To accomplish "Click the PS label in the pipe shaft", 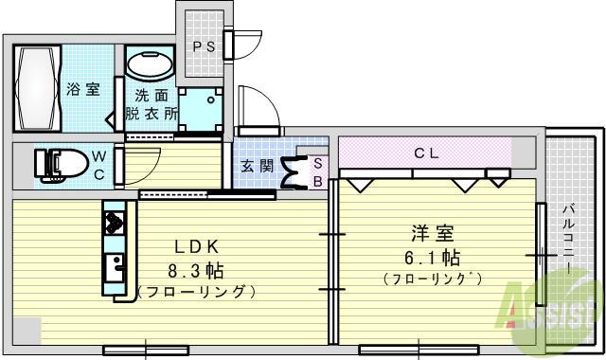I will (204, 45).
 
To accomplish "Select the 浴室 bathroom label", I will (83, 90).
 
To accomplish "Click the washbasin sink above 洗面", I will (150, 66).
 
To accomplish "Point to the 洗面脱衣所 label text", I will (151, 104).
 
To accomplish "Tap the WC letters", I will (99, 165).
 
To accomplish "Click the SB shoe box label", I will (318, 171).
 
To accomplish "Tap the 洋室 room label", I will (428, 232).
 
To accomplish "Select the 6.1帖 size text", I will (431, 257).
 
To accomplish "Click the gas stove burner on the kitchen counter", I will (114, 224).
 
